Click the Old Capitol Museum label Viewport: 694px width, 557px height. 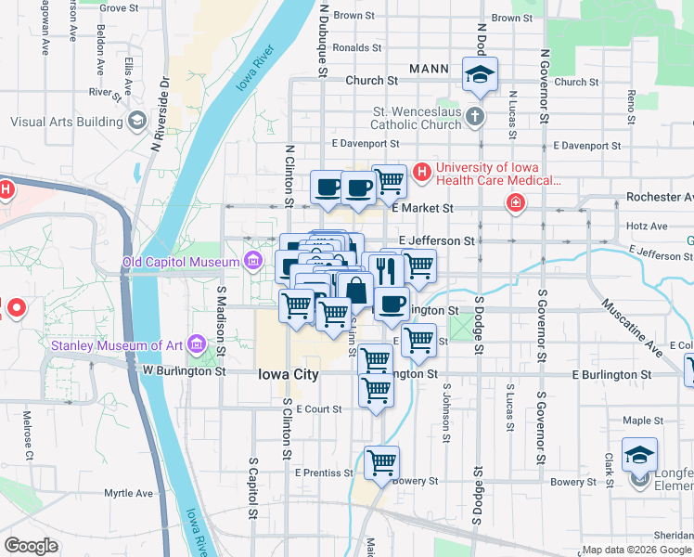pyautogui.click(x=182, y=263)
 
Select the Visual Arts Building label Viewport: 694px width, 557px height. pyautogui.click(x=68, y=122)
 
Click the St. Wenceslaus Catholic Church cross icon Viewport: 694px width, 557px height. pyautogui.click(x=475, y=117)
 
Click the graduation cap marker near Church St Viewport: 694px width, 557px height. pyautogui.click(x=480, y=75)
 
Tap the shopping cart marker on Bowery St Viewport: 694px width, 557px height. pyautogui.click(x=382, y=462)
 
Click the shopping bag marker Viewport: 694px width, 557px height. pyautogui.click(x=355, y=290)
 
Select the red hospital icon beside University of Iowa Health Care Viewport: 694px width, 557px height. pyautogui.click(x=422, y=172)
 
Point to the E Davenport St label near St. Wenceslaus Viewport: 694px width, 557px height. pyautogui.click(x=366, y=144)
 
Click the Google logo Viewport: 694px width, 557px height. pyautogui.click(x=32, y=546)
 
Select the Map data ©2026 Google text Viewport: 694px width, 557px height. pyautogui.click(x=636, y=550)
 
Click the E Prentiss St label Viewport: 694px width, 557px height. pyautogui.click(x=324, y=473)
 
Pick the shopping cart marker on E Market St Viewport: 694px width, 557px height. pyautogui.click(x=390, y=182)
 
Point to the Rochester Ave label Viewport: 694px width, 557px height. pyautogui.click(x=660, y=197)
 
